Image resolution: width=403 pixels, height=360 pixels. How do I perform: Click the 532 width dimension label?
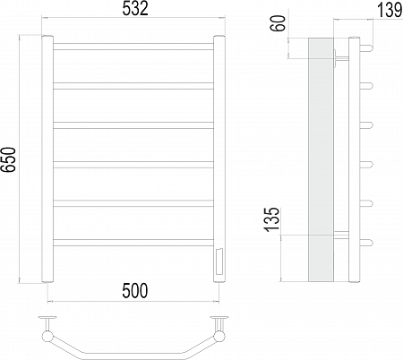coord(135,9)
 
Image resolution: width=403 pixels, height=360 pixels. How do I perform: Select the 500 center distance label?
coord(134,291)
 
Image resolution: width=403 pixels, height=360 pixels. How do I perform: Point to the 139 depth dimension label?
coord(390,10)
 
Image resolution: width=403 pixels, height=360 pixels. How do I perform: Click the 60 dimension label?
coord(278,23)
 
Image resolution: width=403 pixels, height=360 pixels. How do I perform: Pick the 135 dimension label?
coord(272,219)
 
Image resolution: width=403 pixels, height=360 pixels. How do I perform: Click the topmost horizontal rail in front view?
coord(133,47)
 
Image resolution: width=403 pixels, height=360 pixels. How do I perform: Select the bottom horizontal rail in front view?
coord(133,243)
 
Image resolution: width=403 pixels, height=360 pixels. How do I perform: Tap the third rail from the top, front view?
coord(133,125)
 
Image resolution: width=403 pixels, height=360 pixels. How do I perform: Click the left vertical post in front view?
coord(47,159)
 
